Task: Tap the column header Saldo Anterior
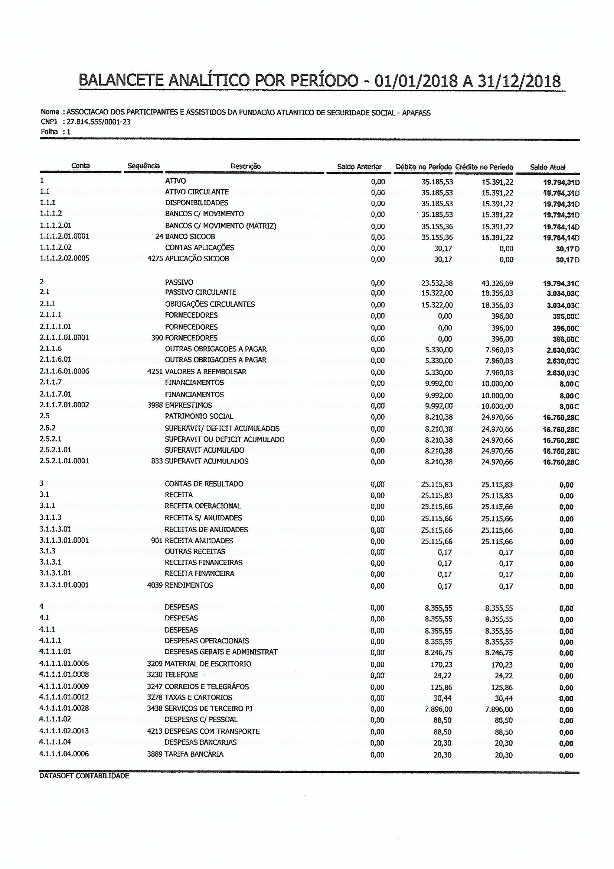click(x=359, y=167)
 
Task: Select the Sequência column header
click(x=144, y=166)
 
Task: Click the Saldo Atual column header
click(x=548, y=167)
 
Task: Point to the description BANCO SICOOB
click(x=190, y=236)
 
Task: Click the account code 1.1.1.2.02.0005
click(x=64, y=259)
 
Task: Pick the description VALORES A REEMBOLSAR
click(x=206, y=372)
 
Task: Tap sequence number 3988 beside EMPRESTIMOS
click(x=155, y=405)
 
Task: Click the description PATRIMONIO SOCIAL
click(x=199, y=416)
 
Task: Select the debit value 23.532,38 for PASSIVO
click(x=437, y=283)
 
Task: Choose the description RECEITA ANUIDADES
click(x=199, y=540)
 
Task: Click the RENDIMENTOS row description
click(x=189, y=585)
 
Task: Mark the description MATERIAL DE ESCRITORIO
click(x=208, y=663)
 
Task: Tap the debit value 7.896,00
click(x=438, y=709)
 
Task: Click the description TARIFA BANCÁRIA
click(x=194, y=754)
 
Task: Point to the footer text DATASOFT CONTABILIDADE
click(x=84, y=776)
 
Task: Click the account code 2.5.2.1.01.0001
click(x=64, y=461)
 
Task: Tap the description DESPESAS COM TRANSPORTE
click(x=212, y=731)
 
